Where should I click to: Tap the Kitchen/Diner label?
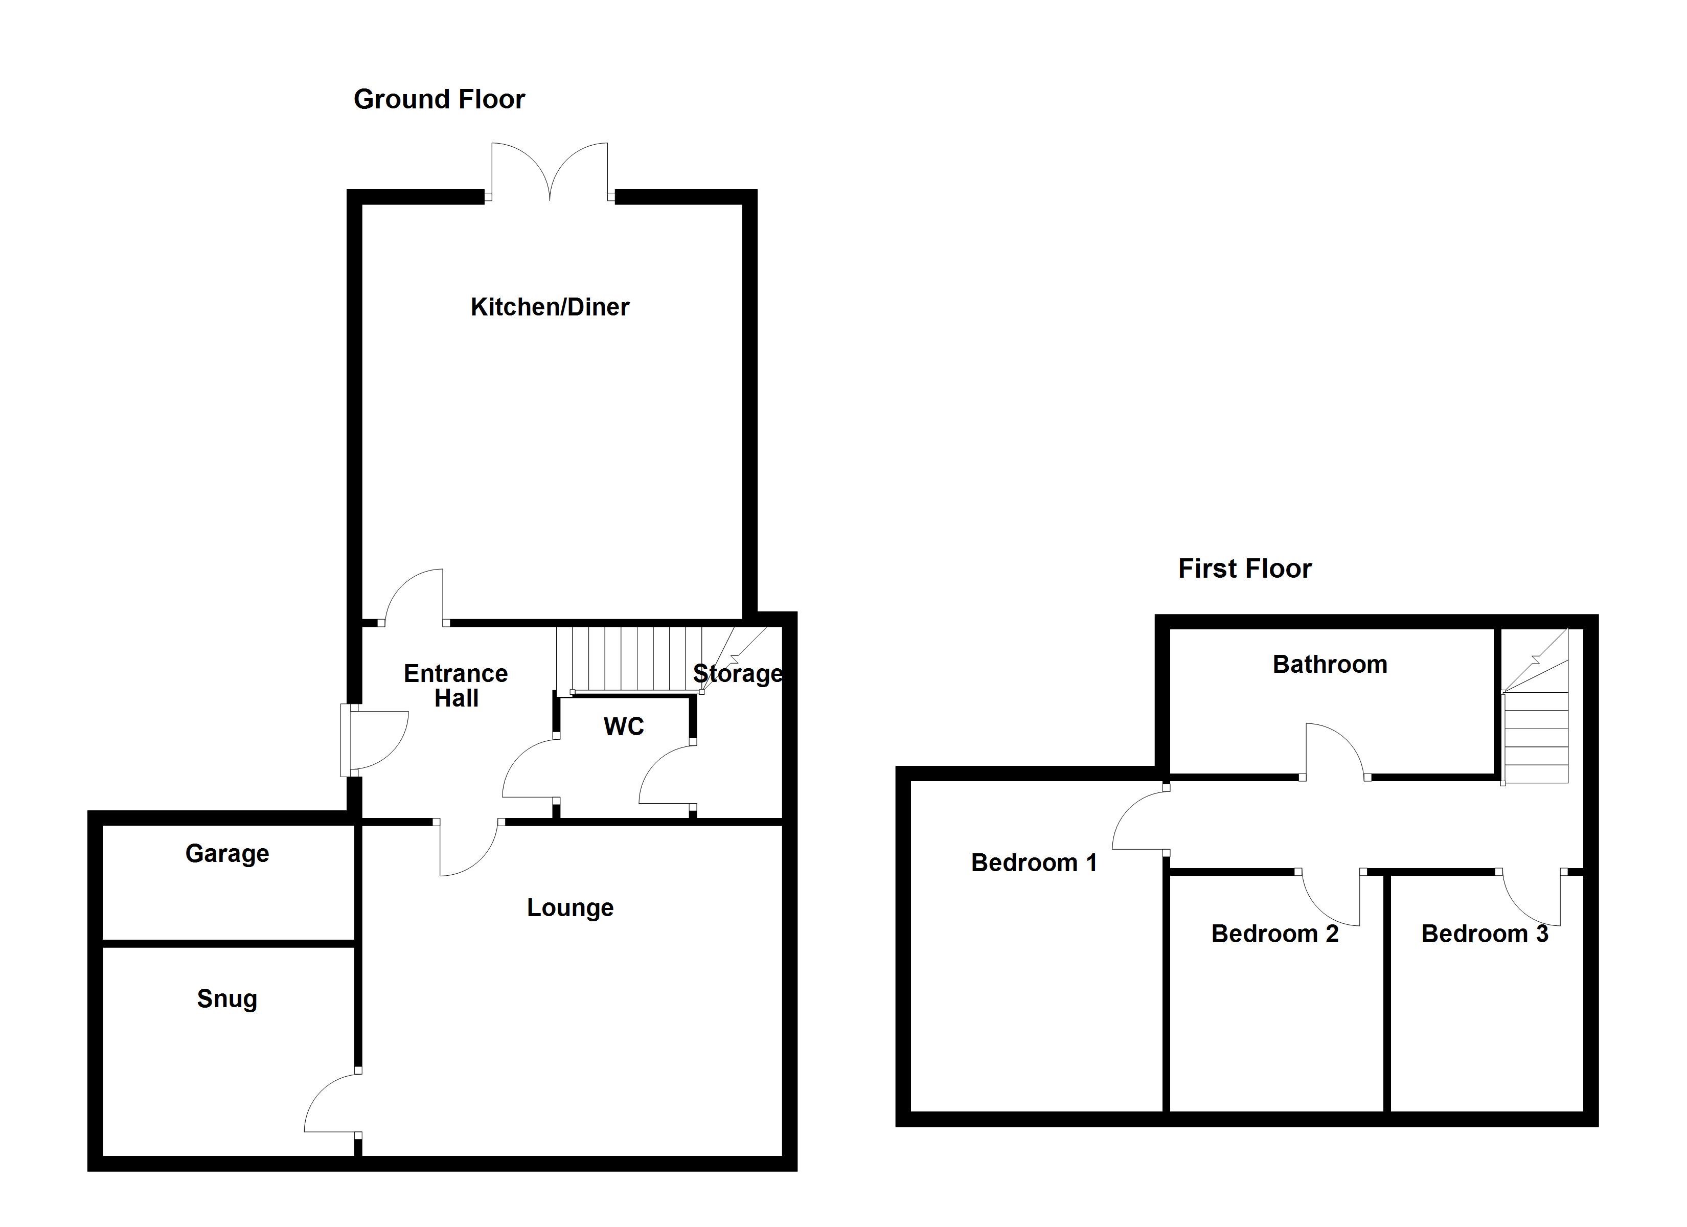[550, 307]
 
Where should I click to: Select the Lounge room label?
[571, 908]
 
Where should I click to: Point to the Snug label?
[227, 998]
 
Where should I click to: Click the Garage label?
[227, 853]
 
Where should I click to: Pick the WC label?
[623, 726]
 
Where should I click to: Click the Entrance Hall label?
[456, 685]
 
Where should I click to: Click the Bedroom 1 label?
[1034, 862]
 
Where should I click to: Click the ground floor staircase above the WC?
[628, 658]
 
